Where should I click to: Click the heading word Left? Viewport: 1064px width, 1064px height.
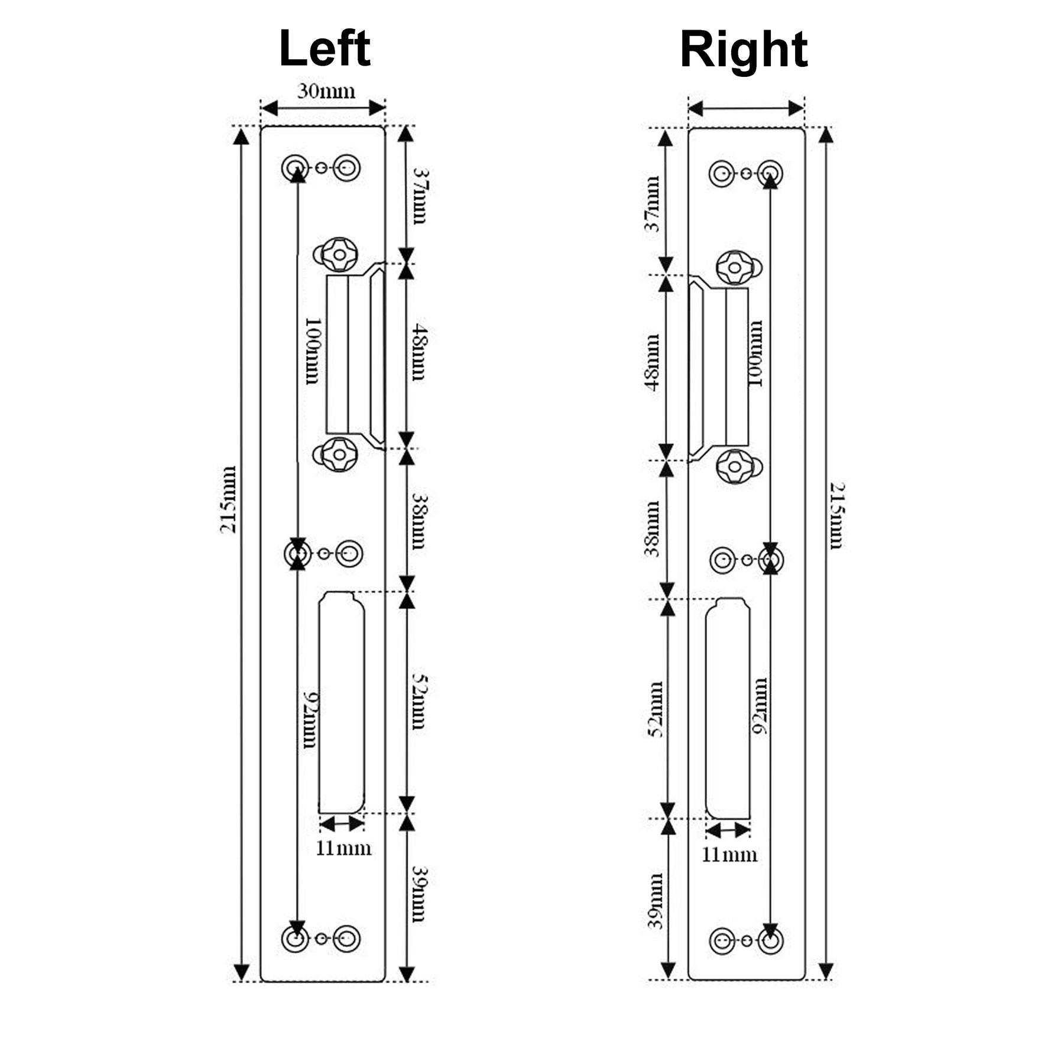click(x=325, y=48)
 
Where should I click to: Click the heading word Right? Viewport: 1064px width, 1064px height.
click(x=744, y=51)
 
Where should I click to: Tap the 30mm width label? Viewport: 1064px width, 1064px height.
click(x=326, y=91)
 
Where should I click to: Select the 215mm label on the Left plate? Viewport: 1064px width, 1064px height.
click(x=228, y=499)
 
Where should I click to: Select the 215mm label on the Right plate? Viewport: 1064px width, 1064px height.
click(x=836, y=515)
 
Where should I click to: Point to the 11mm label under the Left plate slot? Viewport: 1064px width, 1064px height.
click(x=343, y=848)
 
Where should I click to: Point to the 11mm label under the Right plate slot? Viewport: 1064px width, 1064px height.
click(x=729, y=855)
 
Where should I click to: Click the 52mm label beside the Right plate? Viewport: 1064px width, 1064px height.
click(x=656, y=709)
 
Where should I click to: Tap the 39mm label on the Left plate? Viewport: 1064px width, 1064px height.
click(x=419, y=894)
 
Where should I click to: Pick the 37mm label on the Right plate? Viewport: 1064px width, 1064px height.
click(x=652, y=203)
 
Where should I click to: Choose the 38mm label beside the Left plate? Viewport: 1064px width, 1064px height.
click(x=419, y=521)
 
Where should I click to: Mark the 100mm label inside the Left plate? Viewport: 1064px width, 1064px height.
click(x=312, y=351)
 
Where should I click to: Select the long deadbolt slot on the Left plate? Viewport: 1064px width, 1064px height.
click(x=341, y=703)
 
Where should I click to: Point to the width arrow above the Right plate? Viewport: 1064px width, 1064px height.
click(x=746, y=108)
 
